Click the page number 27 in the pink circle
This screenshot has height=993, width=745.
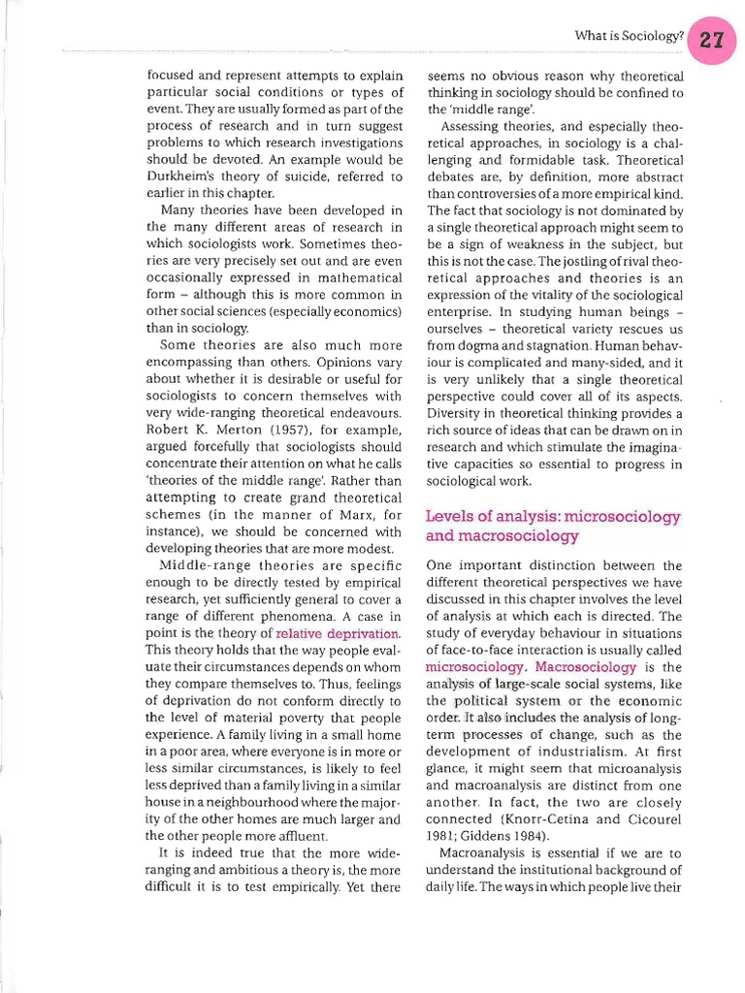[x=713, y=37]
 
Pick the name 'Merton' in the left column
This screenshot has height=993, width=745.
[x=220, y=430]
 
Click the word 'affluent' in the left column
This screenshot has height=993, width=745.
[x=298, y=835]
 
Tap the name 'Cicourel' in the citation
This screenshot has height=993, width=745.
[x=654, y=819]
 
